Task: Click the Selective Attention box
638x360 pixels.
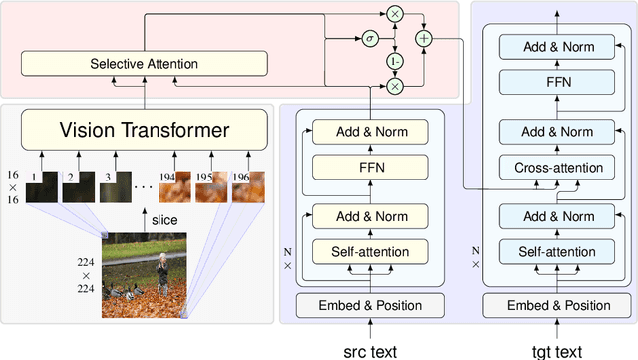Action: (145, 64)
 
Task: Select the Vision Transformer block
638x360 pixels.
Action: (145, 129)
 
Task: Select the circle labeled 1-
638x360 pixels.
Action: (394, 63)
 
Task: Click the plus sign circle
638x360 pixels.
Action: (425, 39)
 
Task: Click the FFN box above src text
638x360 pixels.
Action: (370, 168)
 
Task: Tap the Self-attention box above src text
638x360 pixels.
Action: (370, 250)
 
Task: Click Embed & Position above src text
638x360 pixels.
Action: (370, 305)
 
